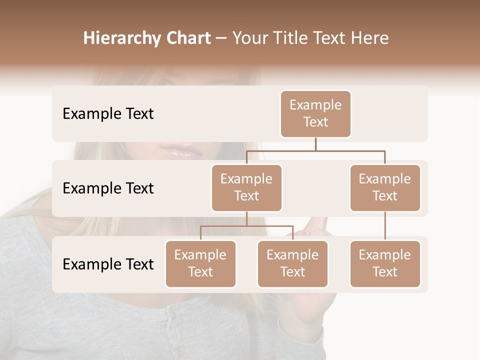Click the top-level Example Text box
point(315,114)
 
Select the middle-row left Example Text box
point(246,188)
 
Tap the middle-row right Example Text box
point(385,188)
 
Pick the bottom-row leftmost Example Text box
point(200,264)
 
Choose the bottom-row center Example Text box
point(292,264)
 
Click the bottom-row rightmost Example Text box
point(385,264)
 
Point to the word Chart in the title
point(187,38)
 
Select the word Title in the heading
point(287,38)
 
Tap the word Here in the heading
point(369,38)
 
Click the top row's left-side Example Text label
point(108,114)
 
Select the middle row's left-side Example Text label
point(108,188)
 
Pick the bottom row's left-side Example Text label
point(108,264)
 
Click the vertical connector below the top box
point(315,144)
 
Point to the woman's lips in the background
point(180,150)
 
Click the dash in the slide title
point(221,38)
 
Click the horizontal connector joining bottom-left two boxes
point(246,226)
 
